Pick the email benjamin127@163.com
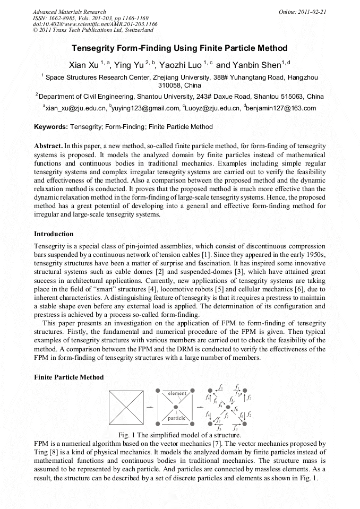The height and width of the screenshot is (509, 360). [x=281, y=108]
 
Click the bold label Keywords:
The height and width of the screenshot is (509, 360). [x=51, y=127]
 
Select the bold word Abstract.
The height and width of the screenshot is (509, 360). [x=48, y=145]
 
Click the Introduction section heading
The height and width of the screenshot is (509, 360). [x=54, y=234]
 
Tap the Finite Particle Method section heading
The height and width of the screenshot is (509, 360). [x=68, y=377]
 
